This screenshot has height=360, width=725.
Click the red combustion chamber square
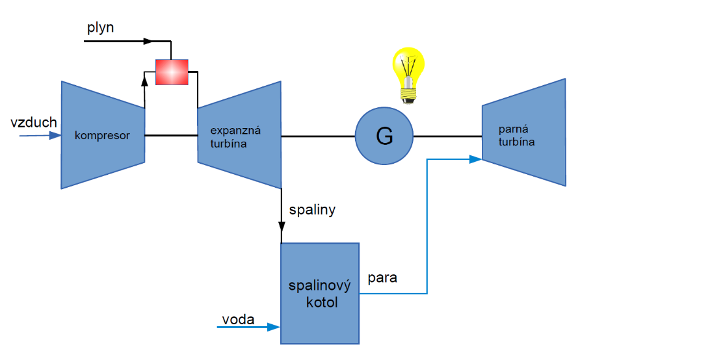click(172, 71)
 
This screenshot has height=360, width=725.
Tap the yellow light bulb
click(408, 71)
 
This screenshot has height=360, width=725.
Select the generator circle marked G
click(384, 137)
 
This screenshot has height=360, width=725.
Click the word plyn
click(101, 28)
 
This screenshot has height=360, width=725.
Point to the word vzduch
click(34, 122)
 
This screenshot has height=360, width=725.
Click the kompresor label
click(102, 136)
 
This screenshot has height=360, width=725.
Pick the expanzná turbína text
click(229, 137)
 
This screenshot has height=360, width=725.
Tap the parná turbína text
click(517, 135)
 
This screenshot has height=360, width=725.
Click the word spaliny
click(313, 210)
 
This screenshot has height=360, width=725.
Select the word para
click(382, 278)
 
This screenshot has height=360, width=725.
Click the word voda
click(238, 319)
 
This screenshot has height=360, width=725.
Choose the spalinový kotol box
click(320, 293)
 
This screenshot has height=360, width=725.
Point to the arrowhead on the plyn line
click(148, 41)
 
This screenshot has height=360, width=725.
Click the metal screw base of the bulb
click(408, 97)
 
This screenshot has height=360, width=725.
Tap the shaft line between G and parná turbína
click(447, 136)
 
